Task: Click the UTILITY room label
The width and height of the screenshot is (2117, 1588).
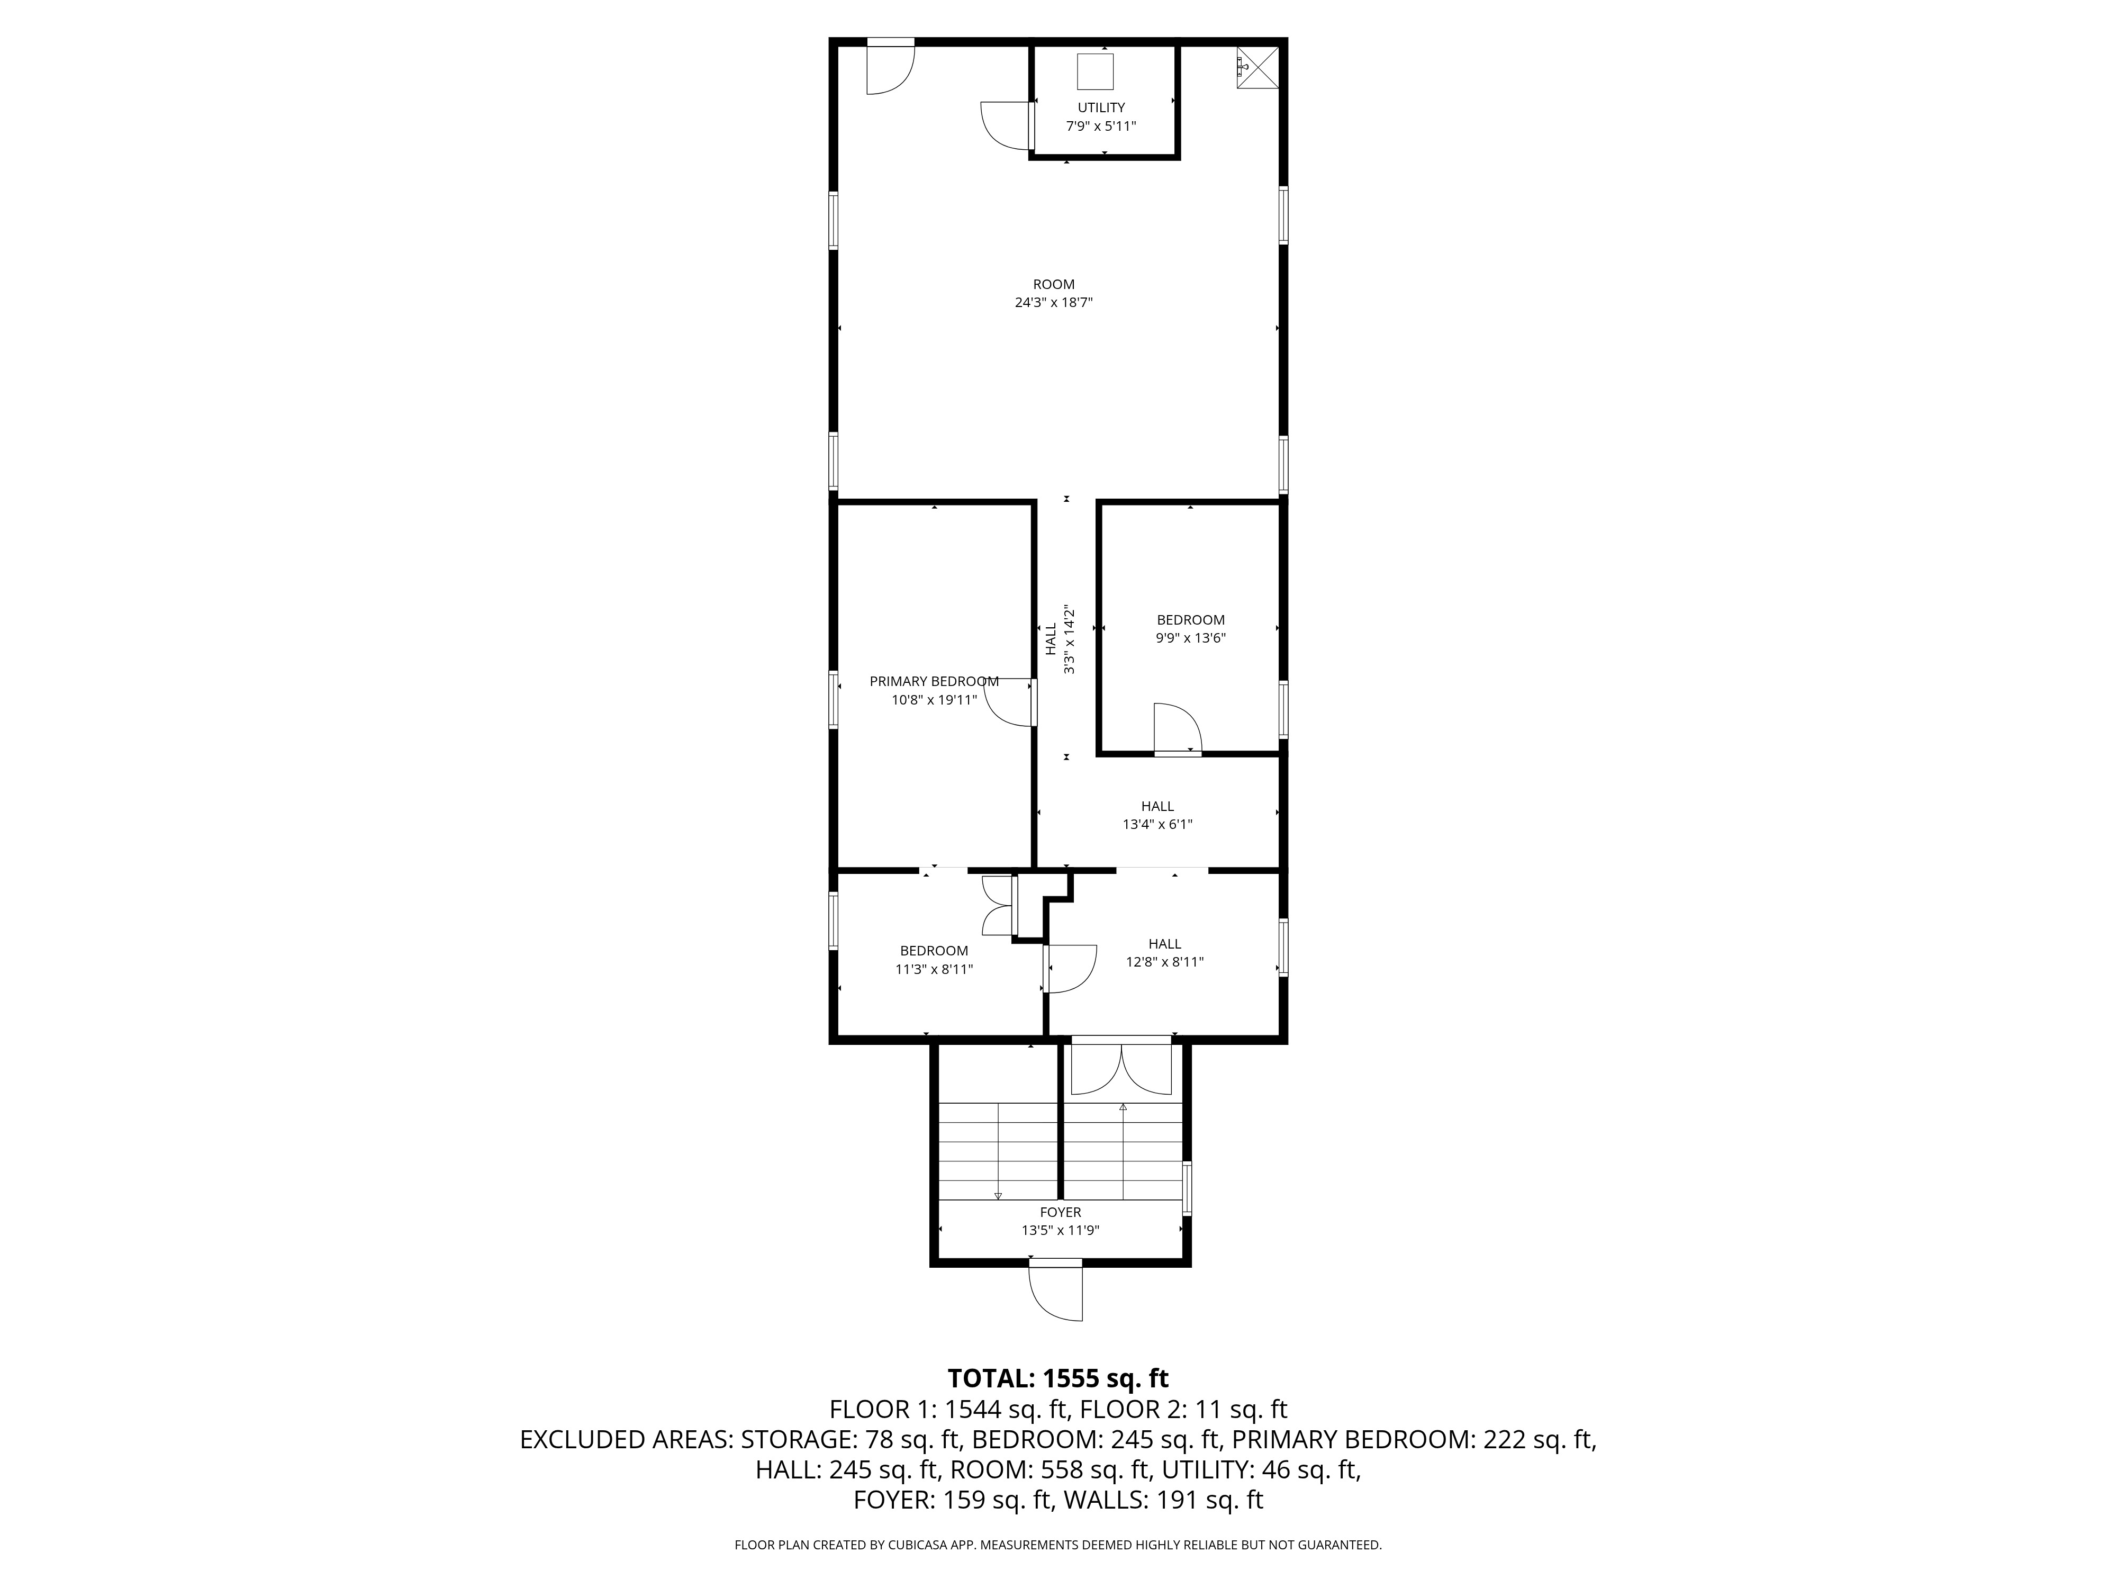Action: tap(1101, 107)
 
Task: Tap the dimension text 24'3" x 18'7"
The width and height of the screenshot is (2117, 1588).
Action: tap(1054, 302)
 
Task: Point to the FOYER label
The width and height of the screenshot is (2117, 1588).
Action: tap(1061, 1212)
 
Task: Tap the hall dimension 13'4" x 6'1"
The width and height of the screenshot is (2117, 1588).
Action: tap(1157, 824)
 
